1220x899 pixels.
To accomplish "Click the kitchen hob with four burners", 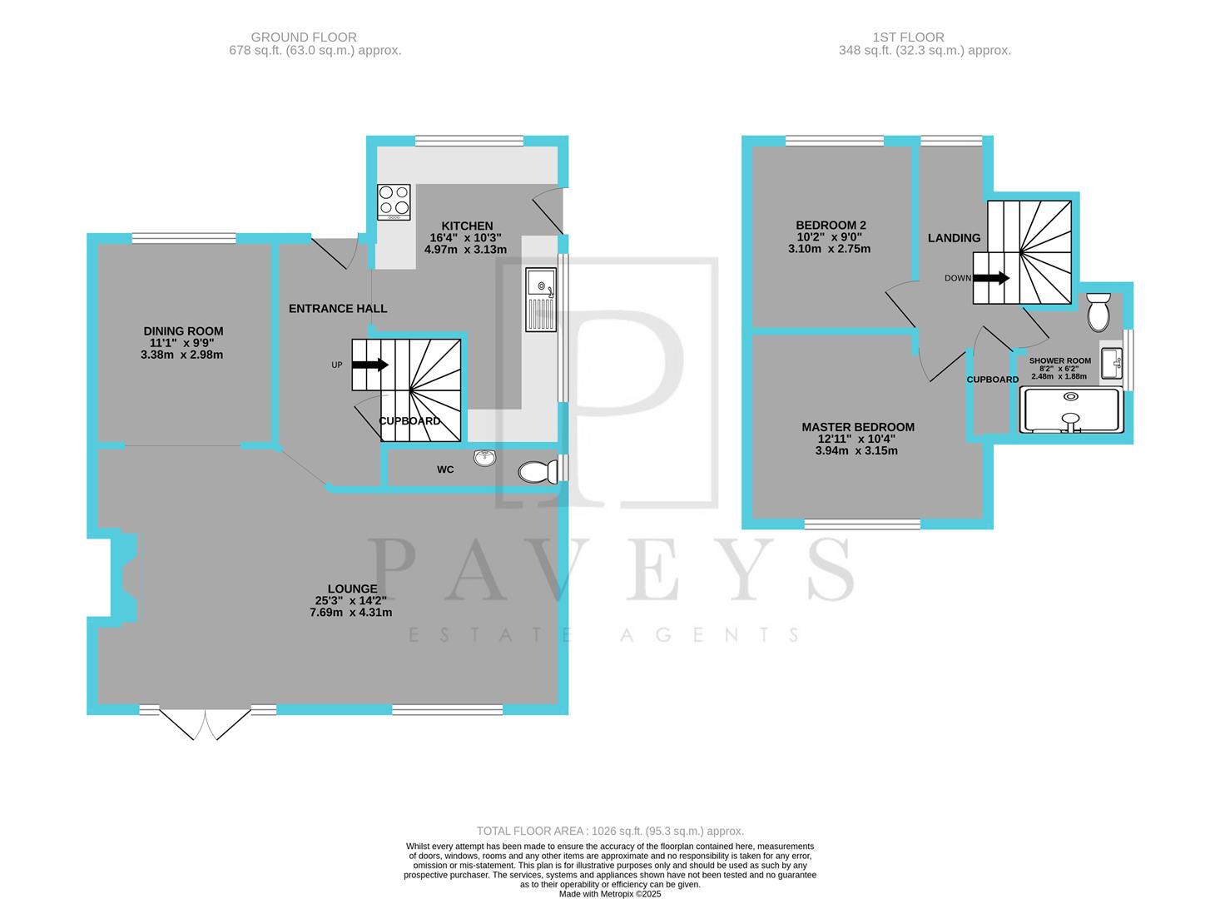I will [x=394, y=201].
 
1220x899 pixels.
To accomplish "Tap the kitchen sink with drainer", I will [x=541, y=300].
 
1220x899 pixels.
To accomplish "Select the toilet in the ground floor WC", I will [x=537, y=473].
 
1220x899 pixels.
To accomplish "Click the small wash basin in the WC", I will [x=484, y=457].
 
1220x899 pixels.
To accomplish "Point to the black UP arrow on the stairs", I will [x=371, y=365].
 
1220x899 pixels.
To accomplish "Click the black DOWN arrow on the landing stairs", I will [x=991, y=278].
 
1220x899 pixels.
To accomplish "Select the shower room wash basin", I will [x=1111, y=364].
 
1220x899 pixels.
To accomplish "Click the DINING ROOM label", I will [x=183, y=331].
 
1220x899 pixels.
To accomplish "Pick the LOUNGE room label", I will [x=352, y=589].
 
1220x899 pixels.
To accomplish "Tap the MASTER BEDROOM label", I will [x=857, y=427].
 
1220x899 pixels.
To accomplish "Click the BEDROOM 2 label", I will [x=831, y=225].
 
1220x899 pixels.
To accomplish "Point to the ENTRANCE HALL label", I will [x=338, y=309].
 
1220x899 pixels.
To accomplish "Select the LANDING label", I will [x=954, y=238].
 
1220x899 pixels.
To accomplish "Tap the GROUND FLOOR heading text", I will [x=304, y=37].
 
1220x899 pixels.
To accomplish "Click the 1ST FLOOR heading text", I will [x=908, y=37].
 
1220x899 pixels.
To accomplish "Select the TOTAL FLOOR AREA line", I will [x=610, y=831].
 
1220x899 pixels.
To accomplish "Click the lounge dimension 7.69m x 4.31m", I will [x=350, y=613].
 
